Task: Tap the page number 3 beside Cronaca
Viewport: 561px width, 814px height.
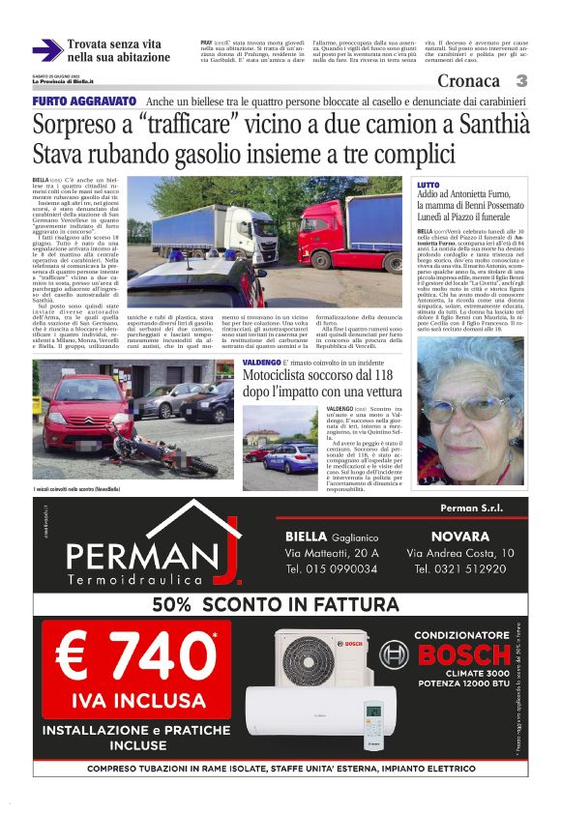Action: (x=521, y=81)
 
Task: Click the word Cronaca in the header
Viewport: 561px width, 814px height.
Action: (x=468, y=81)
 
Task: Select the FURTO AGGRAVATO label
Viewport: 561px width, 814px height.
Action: (x=84, y=102)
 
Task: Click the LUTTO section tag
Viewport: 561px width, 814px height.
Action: (x=428, y=184)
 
